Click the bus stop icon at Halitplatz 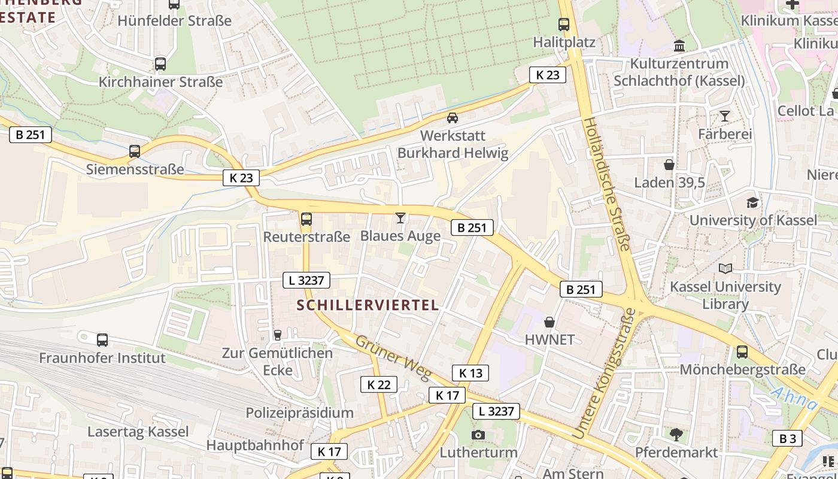[564, 25]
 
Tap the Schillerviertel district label [368, 305]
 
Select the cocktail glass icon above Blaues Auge [400, 218]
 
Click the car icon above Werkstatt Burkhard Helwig [453, 118]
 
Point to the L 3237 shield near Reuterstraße [306, 280]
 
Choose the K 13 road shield [470, 373]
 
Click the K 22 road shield [378, 384]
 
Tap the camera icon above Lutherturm [478, 435]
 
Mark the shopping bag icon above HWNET [549, 322]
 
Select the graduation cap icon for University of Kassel [752, 203]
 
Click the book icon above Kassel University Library [725, 269]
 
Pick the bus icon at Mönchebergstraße [742, 352]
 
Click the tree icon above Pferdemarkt [676, 434]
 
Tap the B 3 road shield [787, 438]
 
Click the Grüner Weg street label [392, 357]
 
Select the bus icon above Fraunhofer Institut [102, 340]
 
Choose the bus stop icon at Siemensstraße [135, 151]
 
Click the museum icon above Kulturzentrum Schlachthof [679, 46]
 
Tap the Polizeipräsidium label [299, 413]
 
